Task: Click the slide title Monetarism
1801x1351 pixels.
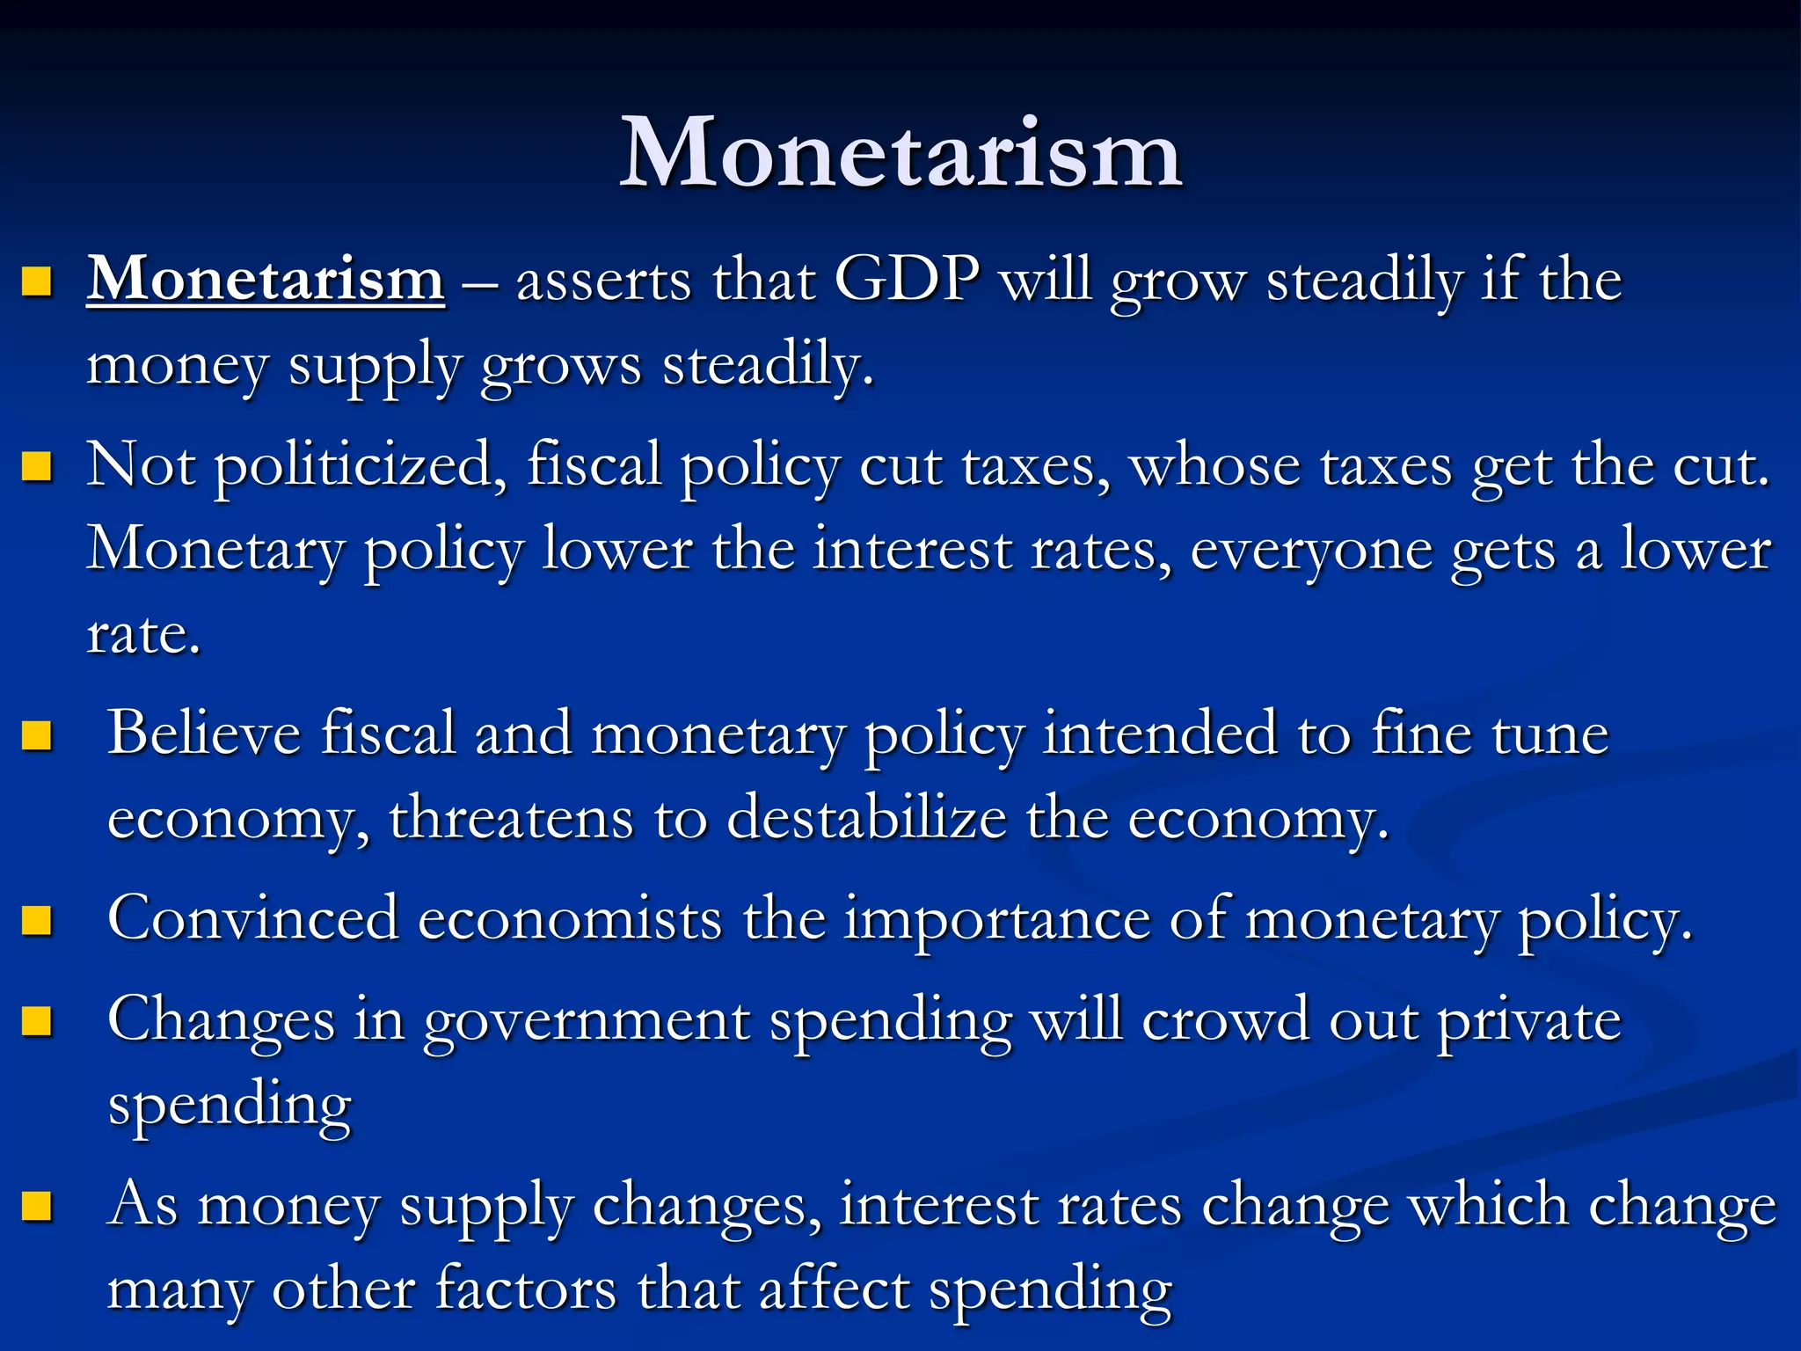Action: point(900,153)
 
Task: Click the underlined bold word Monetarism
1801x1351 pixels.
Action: point(266,280)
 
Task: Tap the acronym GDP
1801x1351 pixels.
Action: point(906,280)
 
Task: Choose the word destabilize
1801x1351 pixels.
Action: point(866,818)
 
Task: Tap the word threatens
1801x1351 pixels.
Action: point(511,818)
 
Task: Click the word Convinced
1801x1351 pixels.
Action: point(252,919)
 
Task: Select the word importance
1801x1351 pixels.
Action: point(997,919)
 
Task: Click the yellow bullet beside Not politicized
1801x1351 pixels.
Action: point(37,466)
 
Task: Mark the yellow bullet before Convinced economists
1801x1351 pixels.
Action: point(37,921)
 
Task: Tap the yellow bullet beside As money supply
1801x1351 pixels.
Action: point(37,1206)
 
